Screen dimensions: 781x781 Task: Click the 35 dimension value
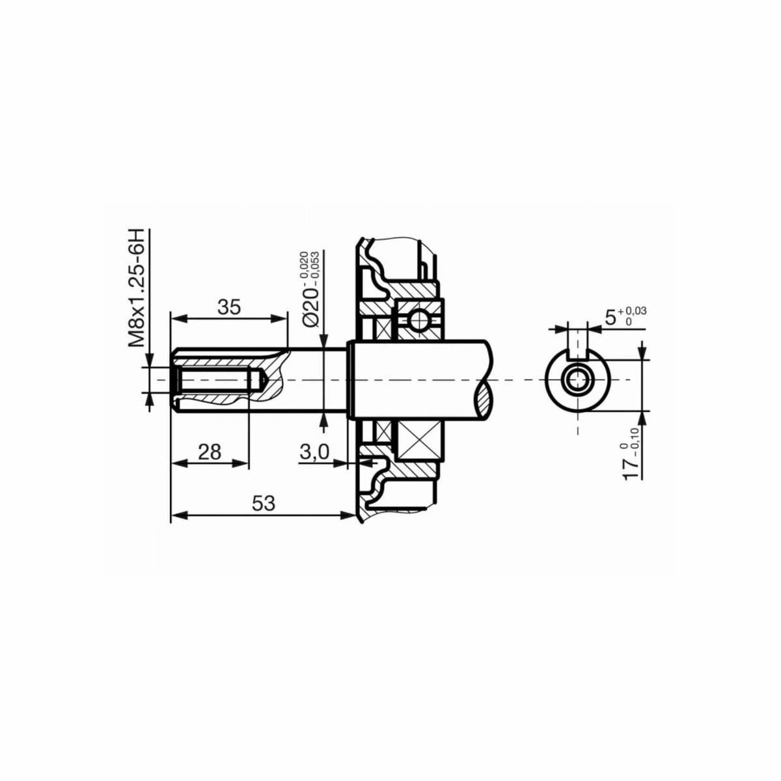(228, 307)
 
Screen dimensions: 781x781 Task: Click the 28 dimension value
(210, 451)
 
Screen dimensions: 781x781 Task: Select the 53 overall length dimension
(264, 503)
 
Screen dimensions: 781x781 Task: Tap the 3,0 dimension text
(314, 452)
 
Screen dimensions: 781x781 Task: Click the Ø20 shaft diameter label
(310, 301)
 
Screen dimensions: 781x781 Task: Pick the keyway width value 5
(610, 318)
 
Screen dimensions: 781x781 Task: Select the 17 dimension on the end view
(631, 469)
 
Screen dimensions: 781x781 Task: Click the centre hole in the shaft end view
(577, 379)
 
